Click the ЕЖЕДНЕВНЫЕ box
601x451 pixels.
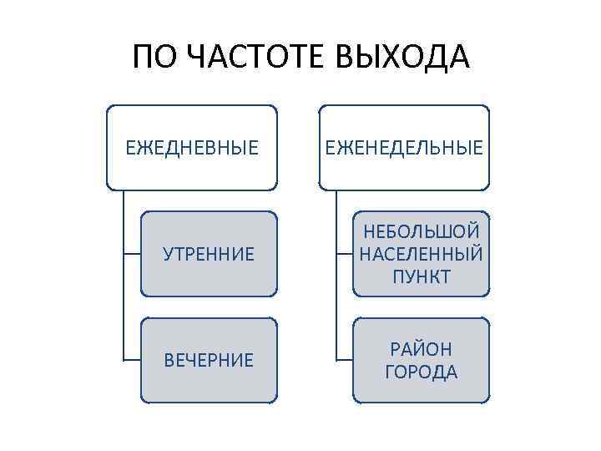(191, 148)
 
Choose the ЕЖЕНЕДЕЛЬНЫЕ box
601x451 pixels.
(404, 148)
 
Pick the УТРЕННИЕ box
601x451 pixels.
(208, 254)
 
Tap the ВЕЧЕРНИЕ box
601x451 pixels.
(208, 361)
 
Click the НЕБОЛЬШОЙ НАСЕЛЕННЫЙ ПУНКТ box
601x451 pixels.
(421, 254)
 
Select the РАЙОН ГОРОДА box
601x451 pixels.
(421, 361)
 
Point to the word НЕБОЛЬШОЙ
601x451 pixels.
(421, 231)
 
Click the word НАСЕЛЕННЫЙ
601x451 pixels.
(421, 254)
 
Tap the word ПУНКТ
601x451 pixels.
(421, 276)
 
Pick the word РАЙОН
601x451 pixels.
(421, 349)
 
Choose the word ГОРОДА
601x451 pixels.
(421, 372)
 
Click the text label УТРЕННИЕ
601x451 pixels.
(208, 254)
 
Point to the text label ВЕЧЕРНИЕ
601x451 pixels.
(208, 361)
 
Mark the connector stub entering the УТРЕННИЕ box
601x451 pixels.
(131, 254)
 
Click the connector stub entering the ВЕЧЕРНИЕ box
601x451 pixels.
(131, 361)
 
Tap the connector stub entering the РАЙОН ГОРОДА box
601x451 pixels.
(344, 361)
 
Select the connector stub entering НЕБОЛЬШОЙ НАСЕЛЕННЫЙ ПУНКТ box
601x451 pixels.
(344, 254)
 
